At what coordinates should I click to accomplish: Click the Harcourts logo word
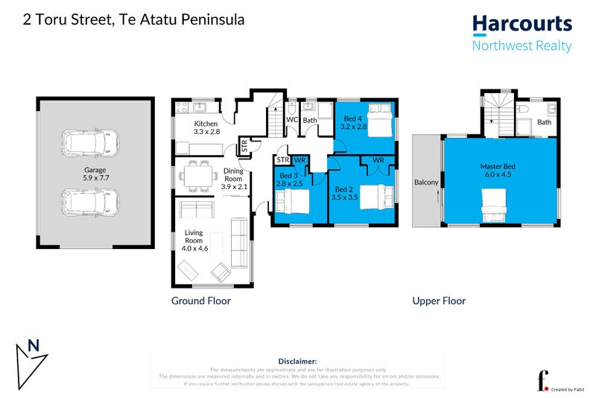tap(522, 24)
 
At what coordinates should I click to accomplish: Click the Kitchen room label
tap(206, 124)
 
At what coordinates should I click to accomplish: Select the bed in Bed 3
tap(291, 201)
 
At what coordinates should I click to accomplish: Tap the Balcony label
tap(426, 182)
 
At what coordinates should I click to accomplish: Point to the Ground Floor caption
tap(200, 301)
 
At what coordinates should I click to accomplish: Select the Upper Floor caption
tap(439, 301)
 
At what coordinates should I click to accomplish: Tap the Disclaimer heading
tap(297, 361)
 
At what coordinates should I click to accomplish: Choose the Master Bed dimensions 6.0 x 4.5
tap(499, 175)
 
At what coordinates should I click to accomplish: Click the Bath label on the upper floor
tap(545, 122)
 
